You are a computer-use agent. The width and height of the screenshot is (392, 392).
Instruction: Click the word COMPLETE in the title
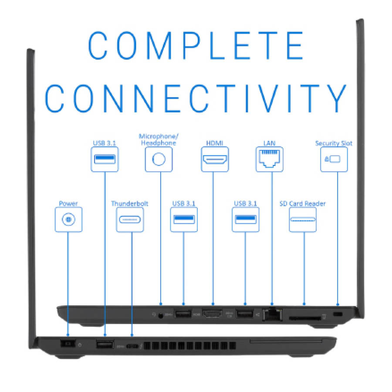coord(196,46)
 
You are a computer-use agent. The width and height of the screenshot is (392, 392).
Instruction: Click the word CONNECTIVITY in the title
coord(196,98)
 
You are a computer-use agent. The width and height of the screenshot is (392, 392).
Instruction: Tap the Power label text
coord(68,203)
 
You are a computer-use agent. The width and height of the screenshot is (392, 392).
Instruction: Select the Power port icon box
coord(68,220)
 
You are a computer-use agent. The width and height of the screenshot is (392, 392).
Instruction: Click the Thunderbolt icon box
coord(130,220)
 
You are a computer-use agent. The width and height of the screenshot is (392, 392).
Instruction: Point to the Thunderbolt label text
coord(130,203)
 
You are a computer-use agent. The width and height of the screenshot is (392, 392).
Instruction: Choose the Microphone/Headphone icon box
coord(159,159)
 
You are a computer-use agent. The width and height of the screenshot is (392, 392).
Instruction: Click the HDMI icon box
coord(215,159)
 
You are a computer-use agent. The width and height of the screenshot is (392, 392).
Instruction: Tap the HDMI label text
coord(215,143)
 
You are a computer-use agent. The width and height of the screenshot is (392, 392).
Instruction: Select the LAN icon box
coord(270,159)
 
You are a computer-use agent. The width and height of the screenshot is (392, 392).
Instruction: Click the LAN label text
coord(270,143)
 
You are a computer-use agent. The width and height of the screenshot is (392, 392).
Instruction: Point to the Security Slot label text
coord(334,143)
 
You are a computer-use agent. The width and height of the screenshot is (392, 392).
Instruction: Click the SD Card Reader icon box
coord(303,220)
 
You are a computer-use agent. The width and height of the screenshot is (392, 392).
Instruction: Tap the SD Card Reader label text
coord(303,203)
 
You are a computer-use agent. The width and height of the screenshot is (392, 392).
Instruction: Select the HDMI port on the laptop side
coord(213,313)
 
